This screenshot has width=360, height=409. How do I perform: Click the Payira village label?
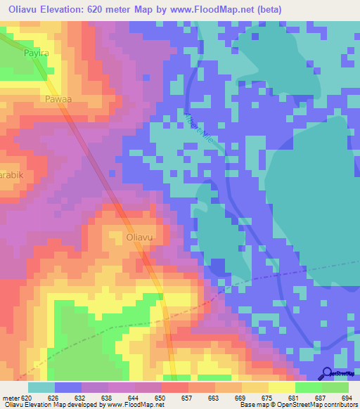tap(36, 53)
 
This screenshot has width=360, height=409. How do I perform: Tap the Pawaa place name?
tap(58, 100)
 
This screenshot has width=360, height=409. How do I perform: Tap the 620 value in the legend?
tap(27, 398)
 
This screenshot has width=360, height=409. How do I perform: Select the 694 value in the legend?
tap(346, 398)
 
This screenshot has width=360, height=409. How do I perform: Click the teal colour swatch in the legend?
tap(41, 387)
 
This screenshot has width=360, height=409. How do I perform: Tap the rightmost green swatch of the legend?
tap(335, 387)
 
